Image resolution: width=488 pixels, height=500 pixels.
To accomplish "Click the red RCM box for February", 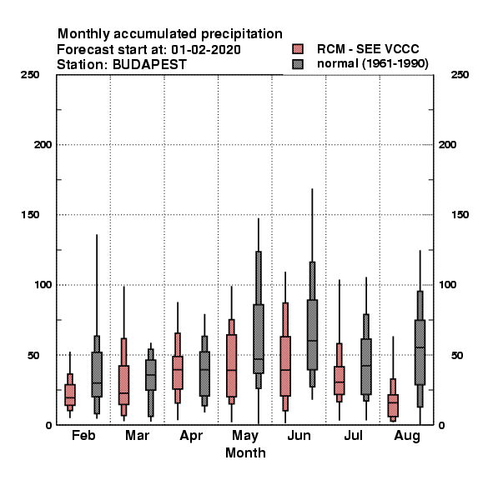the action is click(70, 395).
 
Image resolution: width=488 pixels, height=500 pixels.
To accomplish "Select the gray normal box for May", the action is click(259, 338).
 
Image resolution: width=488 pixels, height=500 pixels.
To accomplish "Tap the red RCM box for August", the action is click(393, 406).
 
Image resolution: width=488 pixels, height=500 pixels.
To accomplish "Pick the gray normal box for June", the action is click(313, 335).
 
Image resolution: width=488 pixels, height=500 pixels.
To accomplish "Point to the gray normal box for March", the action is click(151, 375).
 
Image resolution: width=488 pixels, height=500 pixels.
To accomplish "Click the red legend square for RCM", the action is click(298, 49).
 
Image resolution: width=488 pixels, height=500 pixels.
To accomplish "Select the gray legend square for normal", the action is click(298, 64).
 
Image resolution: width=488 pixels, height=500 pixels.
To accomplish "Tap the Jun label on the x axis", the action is click(299, 436).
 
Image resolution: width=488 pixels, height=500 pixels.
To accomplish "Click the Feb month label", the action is click(83, 435).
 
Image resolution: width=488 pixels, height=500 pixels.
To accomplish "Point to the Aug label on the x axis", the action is click(407, 436).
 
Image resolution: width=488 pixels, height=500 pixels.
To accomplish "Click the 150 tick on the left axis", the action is click(30, 215).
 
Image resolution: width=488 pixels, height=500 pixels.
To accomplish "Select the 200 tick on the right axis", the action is click(447, 145).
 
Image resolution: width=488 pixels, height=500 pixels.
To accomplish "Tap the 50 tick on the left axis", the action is click(33, 355).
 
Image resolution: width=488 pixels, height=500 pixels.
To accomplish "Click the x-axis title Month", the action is click(245, 452).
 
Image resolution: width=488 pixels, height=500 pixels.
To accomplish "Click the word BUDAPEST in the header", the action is click(149, 65).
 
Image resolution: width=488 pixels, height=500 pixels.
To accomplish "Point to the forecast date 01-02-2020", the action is click(206, 50).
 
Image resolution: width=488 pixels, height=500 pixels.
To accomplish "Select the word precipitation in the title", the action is click(241, 34).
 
